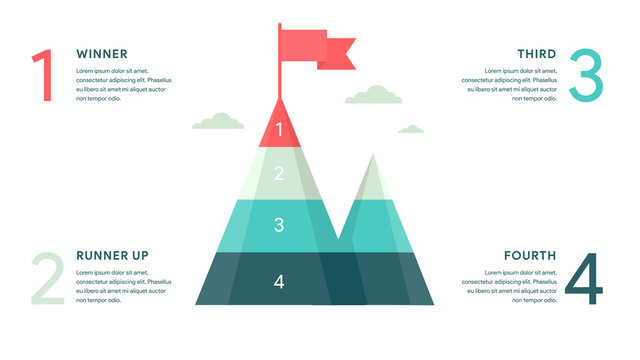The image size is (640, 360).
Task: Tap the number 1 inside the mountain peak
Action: [x=279, y=129]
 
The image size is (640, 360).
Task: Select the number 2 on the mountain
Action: [x=279, y=173]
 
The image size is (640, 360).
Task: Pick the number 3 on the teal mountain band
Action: [x=279, y=225]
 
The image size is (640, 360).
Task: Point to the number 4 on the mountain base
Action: [x=279, y=282]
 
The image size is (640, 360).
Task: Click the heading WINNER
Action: [x=101, y=53]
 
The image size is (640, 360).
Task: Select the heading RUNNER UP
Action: [x=112, y=255]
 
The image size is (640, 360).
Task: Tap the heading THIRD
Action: [x=536, y=53]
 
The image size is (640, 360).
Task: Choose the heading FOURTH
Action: [x=529, y=255]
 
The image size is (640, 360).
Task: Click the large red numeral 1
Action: [x=42, y=76]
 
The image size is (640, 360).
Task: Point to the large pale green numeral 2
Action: [x=47, y=278]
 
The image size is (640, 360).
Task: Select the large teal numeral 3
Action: [x=586, y=76]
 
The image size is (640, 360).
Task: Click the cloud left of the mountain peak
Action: [x=218, y=122]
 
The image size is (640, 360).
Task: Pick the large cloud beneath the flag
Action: [x=373, y=96]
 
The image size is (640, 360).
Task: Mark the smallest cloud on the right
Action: [x=410, y=129]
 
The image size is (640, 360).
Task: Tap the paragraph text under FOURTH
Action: [x=510, y=287]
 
